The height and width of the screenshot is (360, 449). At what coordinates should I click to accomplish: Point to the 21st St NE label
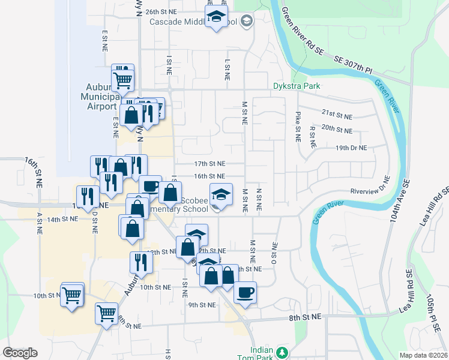coord(336,113)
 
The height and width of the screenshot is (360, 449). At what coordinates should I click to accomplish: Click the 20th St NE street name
coord(336,128)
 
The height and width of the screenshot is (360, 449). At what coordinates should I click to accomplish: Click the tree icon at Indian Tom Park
coord(281,352)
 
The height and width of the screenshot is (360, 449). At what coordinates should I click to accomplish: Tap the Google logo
coord(20,353)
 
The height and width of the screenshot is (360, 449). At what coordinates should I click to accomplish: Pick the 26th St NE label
coord(161,11)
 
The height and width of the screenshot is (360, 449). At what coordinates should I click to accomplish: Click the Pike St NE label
coord(298,126)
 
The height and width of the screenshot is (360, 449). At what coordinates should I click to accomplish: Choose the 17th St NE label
coord(209,163)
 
